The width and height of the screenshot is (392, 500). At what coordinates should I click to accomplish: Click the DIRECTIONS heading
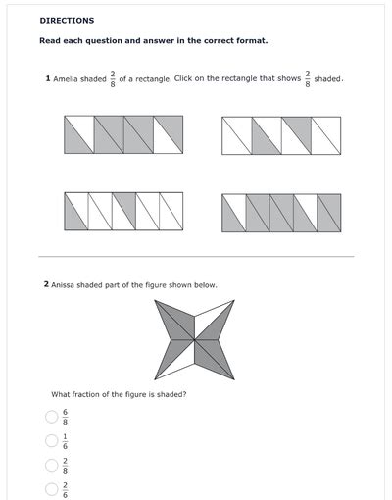pyautogui.click(x=67, y=20)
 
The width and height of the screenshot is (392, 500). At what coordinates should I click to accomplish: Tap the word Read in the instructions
pyautogui.click(x=50, y=41)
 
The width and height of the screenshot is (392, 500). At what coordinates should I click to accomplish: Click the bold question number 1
pyautogui.click(x=48, y=78)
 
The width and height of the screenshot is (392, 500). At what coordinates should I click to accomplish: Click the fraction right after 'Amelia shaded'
pyautogui.click(x=113, y=78)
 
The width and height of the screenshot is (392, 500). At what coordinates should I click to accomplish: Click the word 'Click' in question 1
pyautogui.click(x=184, y=78)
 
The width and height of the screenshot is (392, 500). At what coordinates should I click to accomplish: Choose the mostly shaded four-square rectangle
pyautogui.click(x=123, y=134)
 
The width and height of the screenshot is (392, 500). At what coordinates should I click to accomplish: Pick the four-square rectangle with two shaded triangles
pyautogui.click(x=281, y=134)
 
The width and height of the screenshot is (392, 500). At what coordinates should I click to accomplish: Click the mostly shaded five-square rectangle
pyautogui.click(x=281, y=211)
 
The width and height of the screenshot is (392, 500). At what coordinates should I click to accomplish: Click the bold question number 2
pyautogui.click(x=46, y=285)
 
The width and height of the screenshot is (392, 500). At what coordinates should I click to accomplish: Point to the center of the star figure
pyautogui.click(x=195, y=339)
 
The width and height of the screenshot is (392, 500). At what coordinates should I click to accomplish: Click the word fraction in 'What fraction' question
pyautogui.click(x=88, y=394)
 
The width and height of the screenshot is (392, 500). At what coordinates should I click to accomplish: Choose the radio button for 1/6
pyautogui.click(x=51, y=440)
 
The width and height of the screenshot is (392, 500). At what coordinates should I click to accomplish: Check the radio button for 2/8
pyautogui.click(x=51, y=465)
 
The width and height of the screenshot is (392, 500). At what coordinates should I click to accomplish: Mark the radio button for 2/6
pyautogui.click(x=51, y=488)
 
